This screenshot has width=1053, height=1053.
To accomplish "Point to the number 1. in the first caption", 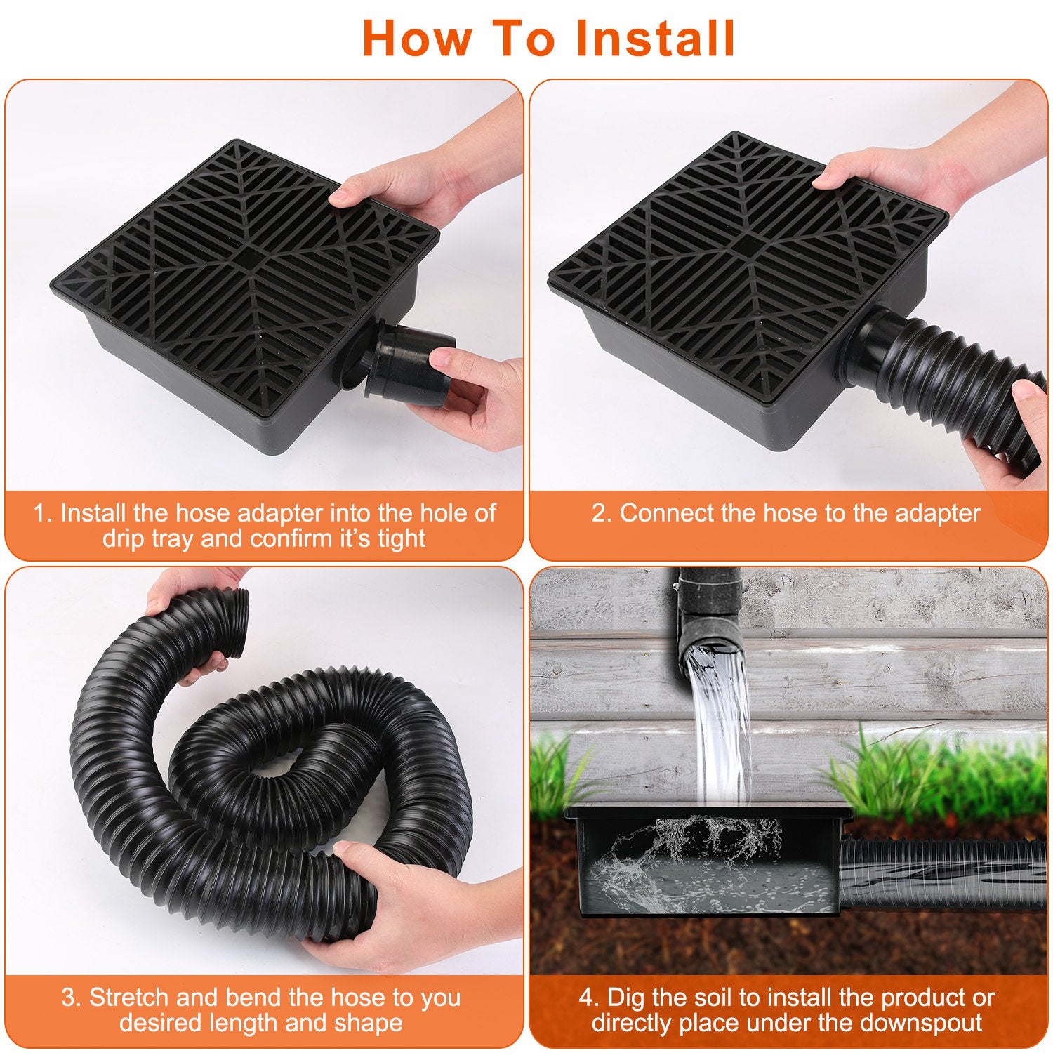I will click(44, 513).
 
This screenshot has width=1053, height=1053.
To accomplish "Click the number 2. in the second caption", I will click(602, 513).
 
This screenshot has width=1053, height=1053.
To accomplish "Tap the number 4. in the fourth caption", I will click(589, 998).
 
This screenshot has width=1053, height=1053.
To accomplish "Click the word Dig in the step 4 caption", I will click(626, 998).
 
